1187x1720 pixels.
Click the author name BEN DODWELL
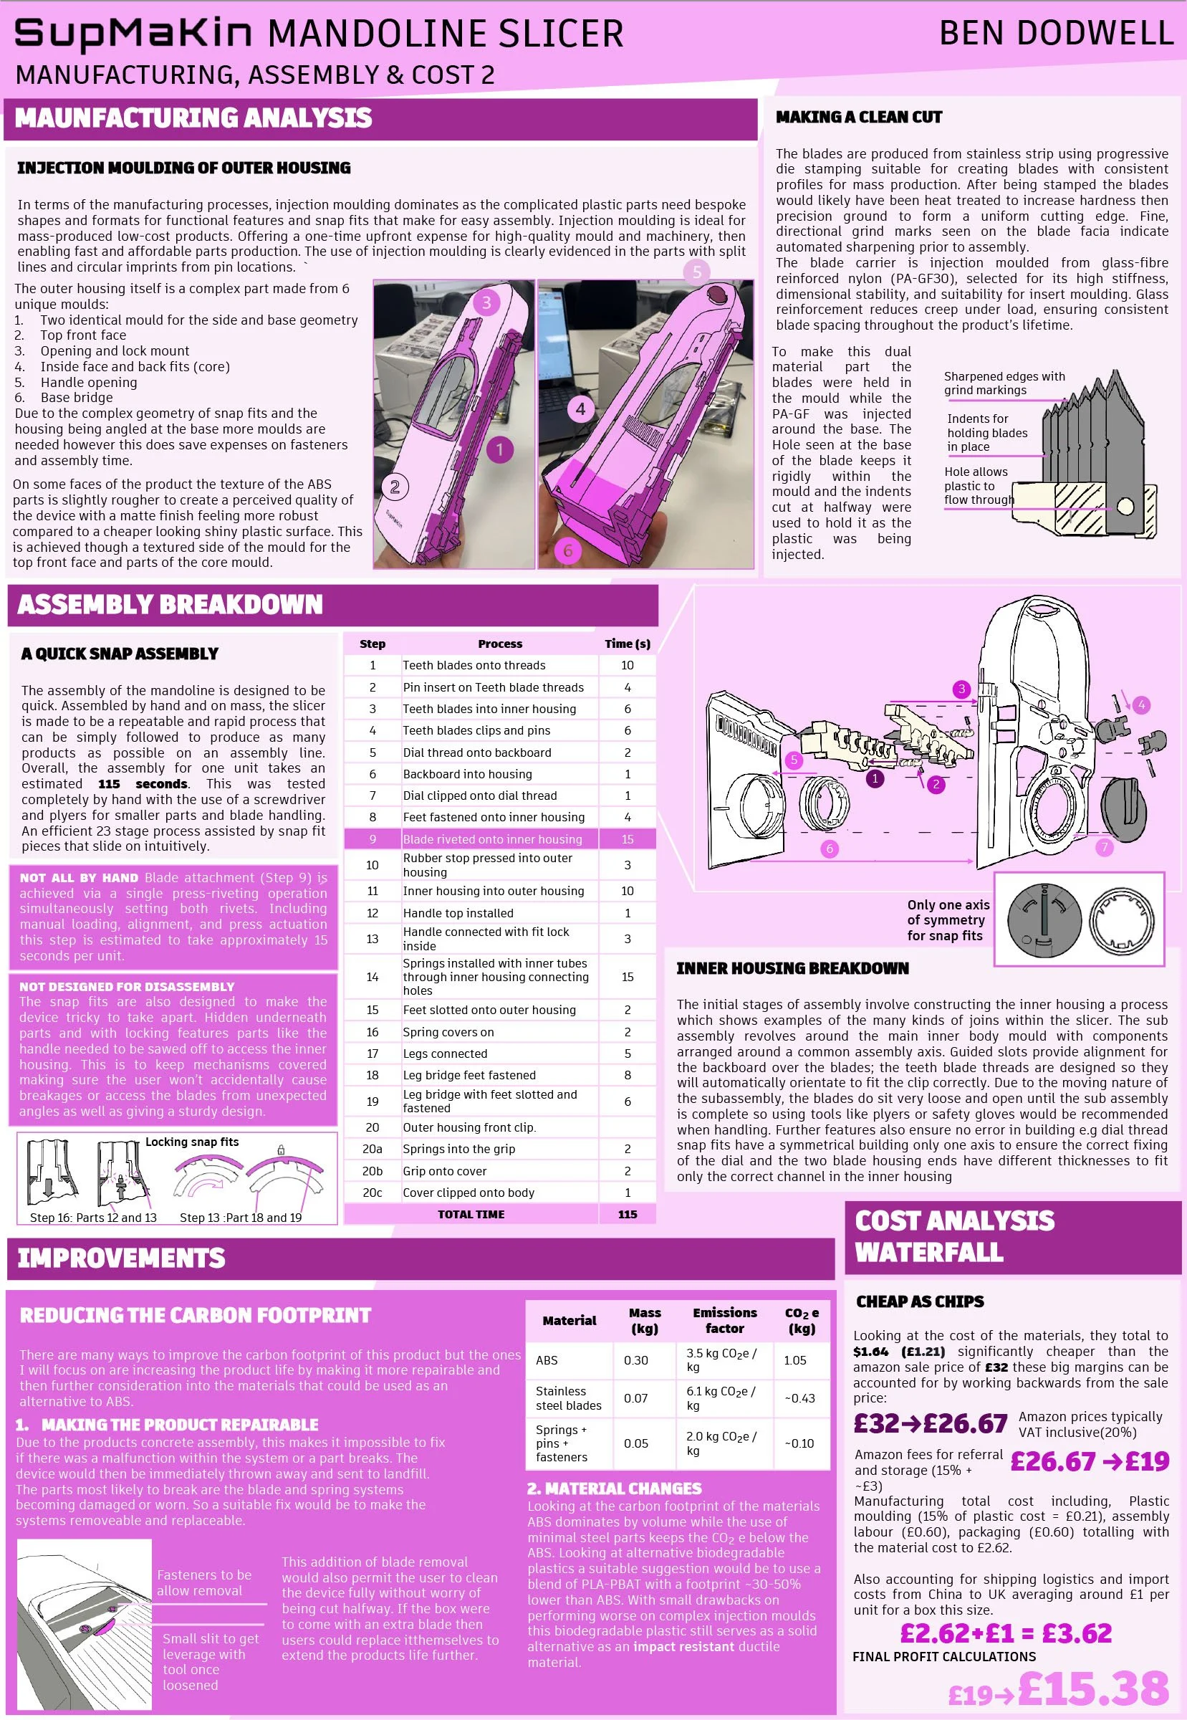pos(1056,34)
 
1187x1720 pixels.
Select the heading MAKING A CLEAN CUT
pos(858,117)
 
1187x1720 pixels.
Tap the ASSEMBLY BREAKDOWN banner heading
pos(170,604)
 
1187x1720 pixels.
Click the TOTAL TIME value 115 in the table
pos(627,1214)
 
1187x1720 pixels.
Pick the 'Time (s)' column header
pos(627,644)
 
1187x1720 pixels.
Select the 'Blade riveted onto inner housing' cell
pos(492,839)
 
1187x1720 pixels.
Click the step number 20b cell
pos(372,1171)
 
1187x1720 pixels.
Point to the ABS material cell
pos(547,1360)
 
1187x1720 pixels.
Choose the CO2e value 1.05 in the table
pos(795,1360)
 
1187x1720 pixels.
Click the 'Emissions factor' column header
pos(724,1321)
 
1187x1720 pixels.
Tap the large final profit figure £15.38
pos(1093,1688)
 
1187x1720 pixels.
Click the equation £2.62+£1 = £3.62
pos(1006,1633)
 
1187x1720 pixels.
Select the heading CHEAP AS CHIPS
pos(920,1301)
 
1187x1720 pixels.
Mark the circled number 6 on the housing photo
pos(568,550)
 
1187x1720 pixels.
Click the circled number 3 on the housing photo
pos(486,302)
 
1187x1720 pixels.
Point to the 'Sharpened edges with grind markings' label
pos(1004,383)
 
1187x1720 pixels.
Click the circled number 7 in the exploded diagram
pos(1105,846)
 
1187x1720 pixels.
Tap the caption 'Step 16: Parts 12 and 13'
pos(93,1218)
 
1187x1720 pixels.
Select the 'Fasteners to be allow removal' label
pos(203,1582)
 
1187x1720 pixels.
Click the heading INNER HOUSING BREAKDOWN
pos(792,968)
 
